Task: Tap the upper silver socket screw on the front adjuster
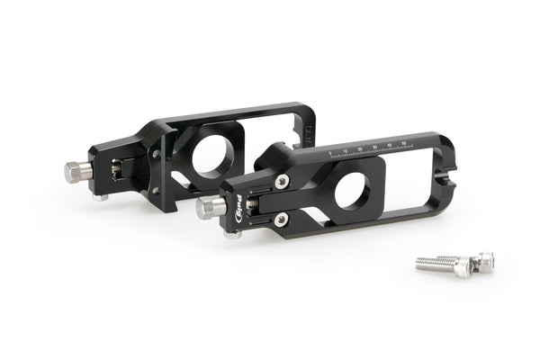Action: point(283,182)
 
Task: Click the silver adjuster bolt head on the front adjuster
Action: point(208,207)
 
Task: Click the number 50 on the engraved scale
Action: point(405,141)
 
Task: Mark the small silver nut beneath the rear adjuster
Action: point(105,195)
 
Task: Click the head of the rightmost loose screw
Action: point(485,262)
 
